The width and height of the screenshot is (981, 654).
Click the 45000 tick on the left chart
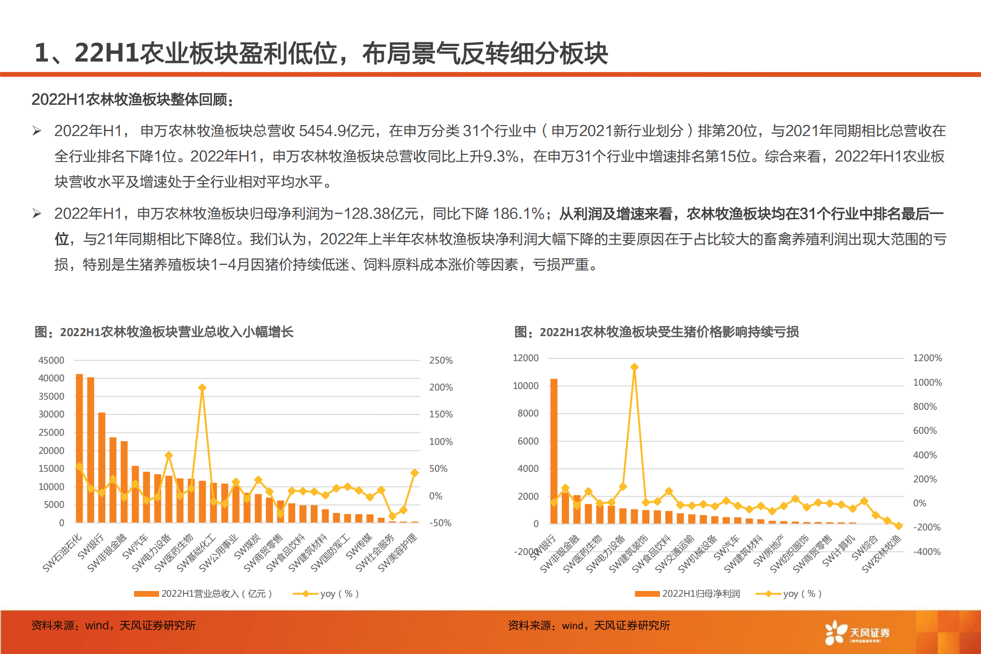click(51, 360)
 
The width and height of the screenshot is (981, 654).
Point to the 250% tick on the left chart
click(441, 360)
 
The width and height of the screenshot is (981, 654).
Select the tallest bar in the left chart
click(79, 447)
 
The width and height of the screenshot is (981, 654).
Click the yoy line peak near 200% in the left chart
click(202, 388)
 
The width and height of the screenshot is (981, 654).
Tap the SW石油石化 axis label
click(62, 553)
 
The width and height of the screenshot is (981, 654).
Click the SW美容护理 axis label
click(398, 553)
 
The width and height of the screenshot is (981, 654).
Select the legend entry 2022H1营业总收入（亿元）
click(204, 594)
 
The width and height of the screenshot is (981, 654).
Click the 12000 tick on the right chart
click(525, 358)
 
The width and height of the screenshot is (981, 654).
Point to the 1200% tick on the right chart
click(927, 358)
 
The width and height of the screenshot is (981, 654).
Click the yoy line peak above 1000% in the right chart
click(634, 367)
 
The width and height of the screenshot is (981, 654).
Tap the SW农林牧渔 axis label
click(882, 554)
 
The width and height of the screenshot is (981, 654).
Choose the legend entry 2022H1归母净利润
click(688, 594)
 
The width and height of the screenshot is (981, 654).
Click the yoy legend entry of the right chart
click(790, 594)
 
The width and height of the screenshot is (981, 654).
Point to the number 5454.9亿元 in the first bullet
click(336, 131)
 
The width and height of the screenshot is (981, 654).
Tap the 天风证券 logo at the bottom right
click(857, 633)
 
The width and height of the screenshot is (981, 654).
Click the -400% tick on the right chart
click(927, 552)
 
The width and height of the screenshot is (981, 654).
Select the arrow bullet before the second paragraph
click(37, 214)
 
